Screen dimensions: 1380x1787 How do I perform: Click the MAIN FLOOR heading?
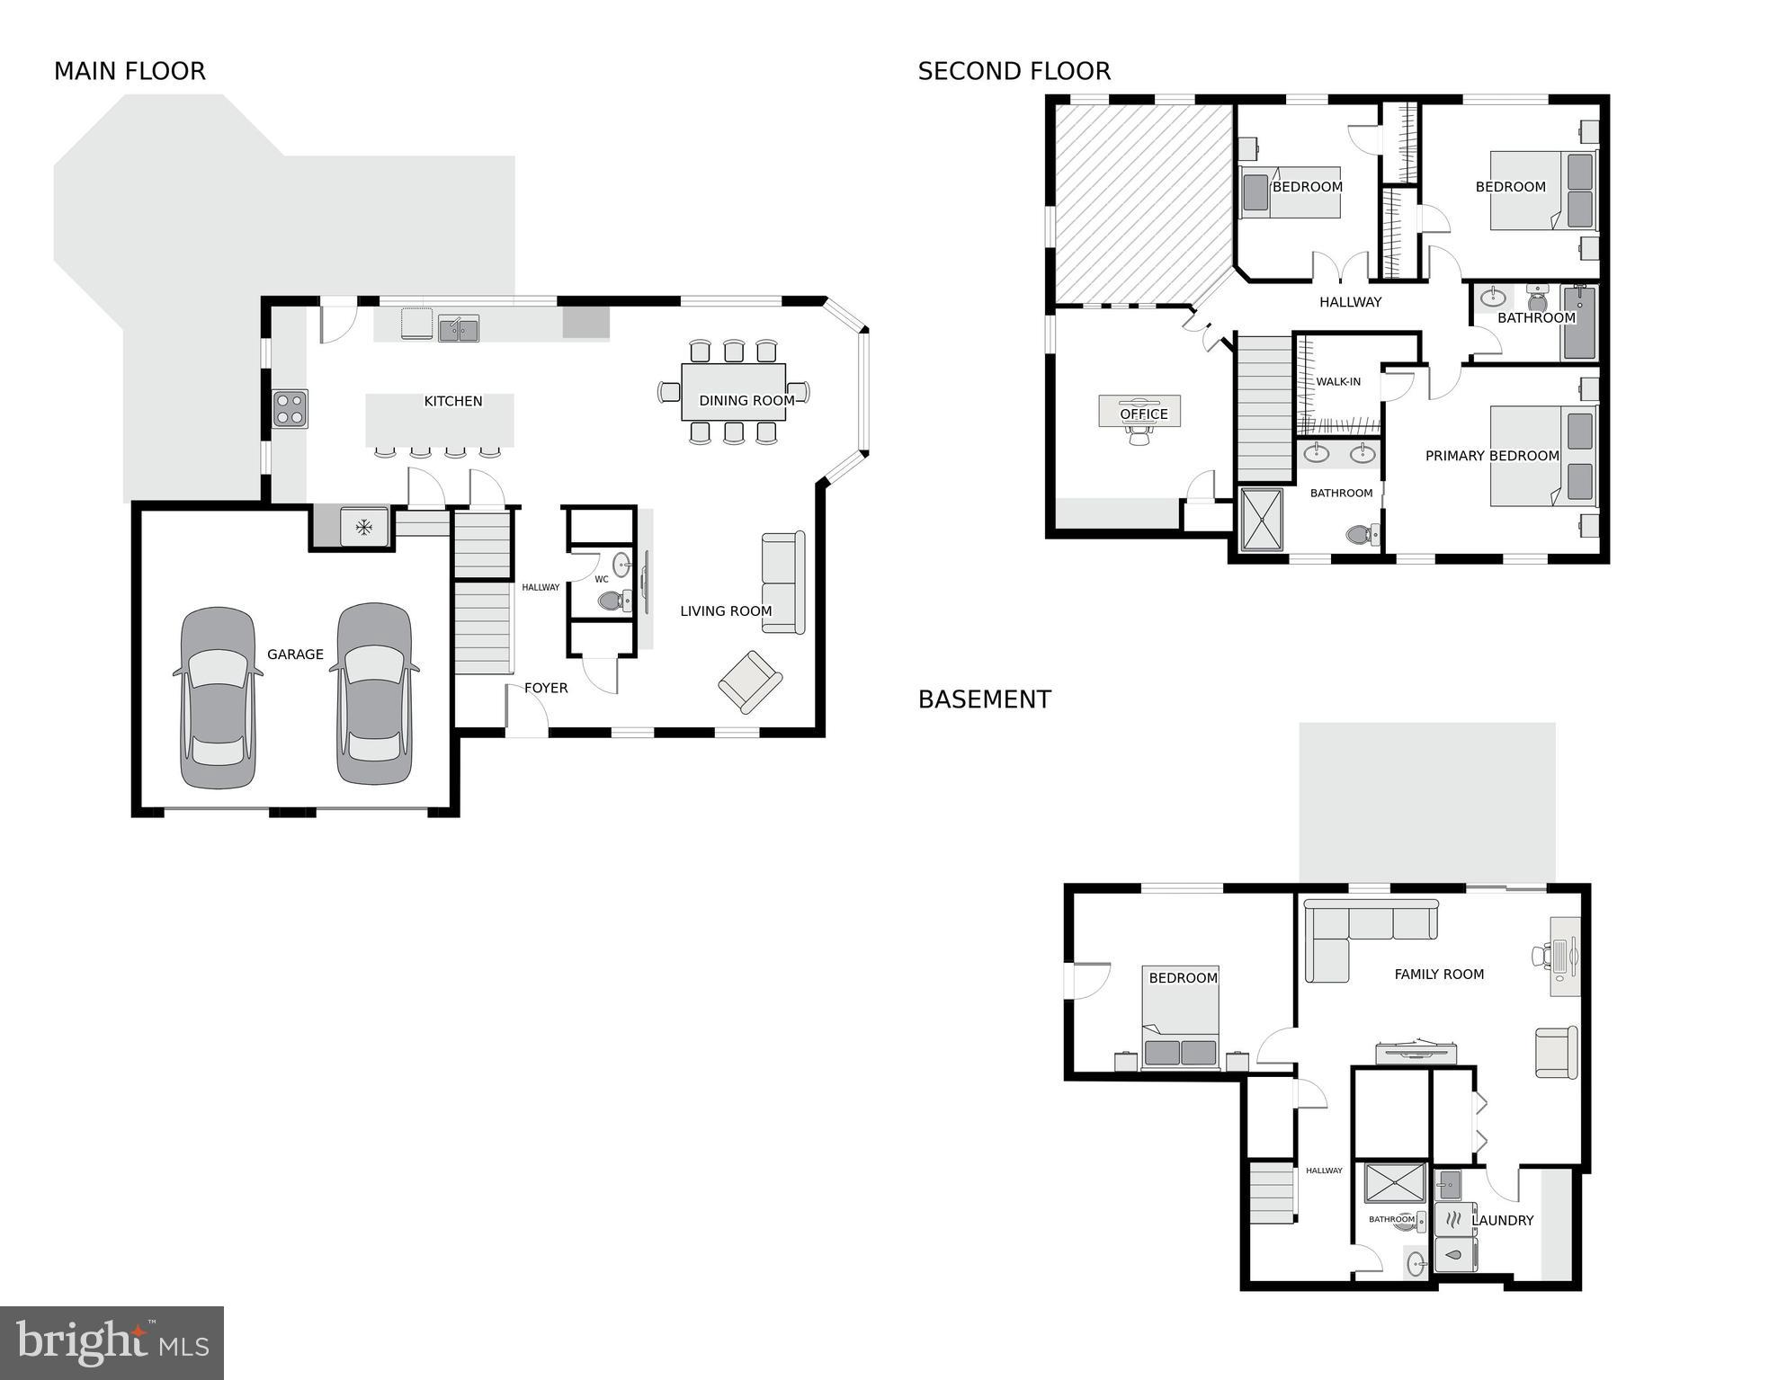130,71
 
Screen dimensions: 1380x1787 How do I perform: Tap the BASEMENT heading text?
984,699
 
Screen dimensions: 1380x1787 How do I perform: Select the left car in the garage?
217,698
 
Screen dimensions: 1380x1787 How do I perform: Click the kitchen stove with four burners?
290,408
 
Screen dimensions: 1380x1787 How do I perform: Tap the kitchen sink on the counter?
459,328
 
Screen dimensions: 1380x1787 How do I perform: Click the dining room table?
733,392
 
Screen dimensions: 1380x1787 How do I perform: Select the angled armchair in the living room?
750,682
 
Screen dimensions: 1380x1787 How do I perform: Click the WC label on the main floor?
602,579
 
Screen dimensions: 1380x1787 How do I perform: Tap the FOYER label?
546,688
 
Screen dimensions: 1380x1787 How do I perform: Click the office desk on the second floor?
1139,412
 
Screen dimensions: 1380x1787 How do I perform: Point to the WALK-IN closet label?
1338,381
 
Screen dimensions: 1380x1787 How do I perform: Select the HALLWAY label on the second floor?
1350,302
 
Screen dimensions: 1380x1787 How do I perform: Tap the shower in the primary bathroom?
1262,519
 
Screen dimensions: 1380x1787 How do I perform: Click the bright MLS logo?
112,1343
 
